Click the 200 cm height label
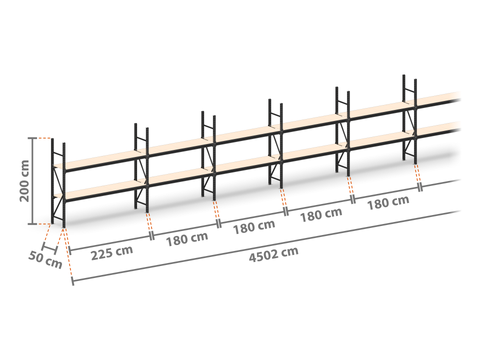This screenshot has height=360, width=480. [25, 181]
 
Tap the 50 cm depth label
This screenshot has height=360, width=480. [45, 260]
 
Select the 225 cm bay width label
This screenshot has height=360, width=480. [112, 253]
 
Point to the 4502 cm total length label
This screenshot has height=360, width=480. [274, 254]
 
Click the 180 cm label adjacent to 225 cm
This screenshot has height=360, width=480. [187, 239]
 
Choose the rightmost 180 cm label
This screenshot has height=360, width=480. [388, 203]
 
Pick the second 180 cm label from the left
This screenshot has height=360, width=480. [254, 227]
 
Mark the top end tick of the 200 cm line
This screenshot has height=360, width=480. [33, 138]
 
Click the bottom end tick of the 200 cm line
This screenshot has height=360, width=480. [33, 224]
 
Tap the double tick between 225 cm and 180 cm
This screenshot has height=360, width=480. [152, 235]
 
